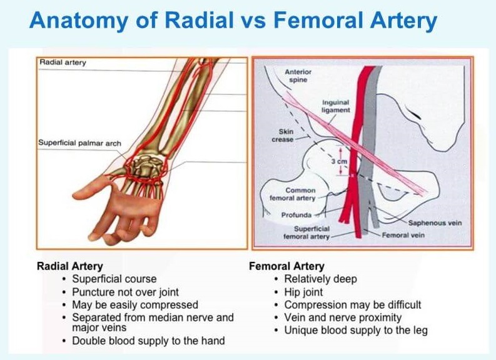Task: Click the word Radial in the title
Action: coord(200,20)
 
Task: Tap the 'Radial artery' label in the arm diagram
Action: coord(63,62)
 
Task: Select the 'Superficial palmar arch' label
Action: coord(79,143)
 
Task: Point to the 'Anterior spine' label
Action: coord(298,76)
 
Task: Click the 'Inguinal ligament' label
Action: coord(336,106)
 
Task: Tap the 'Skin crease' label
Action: coord(283,135)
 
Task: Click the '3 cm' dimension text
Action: coord(339,161)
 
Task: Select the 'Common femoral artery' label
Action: coord(293,194)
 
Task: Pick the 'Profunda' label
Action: coord(296,215)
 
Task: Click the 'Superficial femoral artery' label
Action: coord(306,232)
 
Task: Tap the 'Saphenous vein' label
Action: coord(435,223)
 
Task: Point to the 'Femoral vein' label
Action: coord(403,235)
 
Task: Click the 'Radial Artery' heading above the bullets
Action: coord(70,266)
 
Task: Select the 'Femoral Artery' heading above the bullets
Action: coord(286,266)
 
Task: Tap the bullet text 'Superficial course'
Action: coord(114,279)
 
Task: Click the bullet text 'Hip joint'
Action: coord(304,292)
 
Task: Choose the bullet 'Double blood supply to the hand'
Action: coord(148,341)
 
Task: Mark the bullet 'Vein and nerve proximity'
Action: coord(343,317)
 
